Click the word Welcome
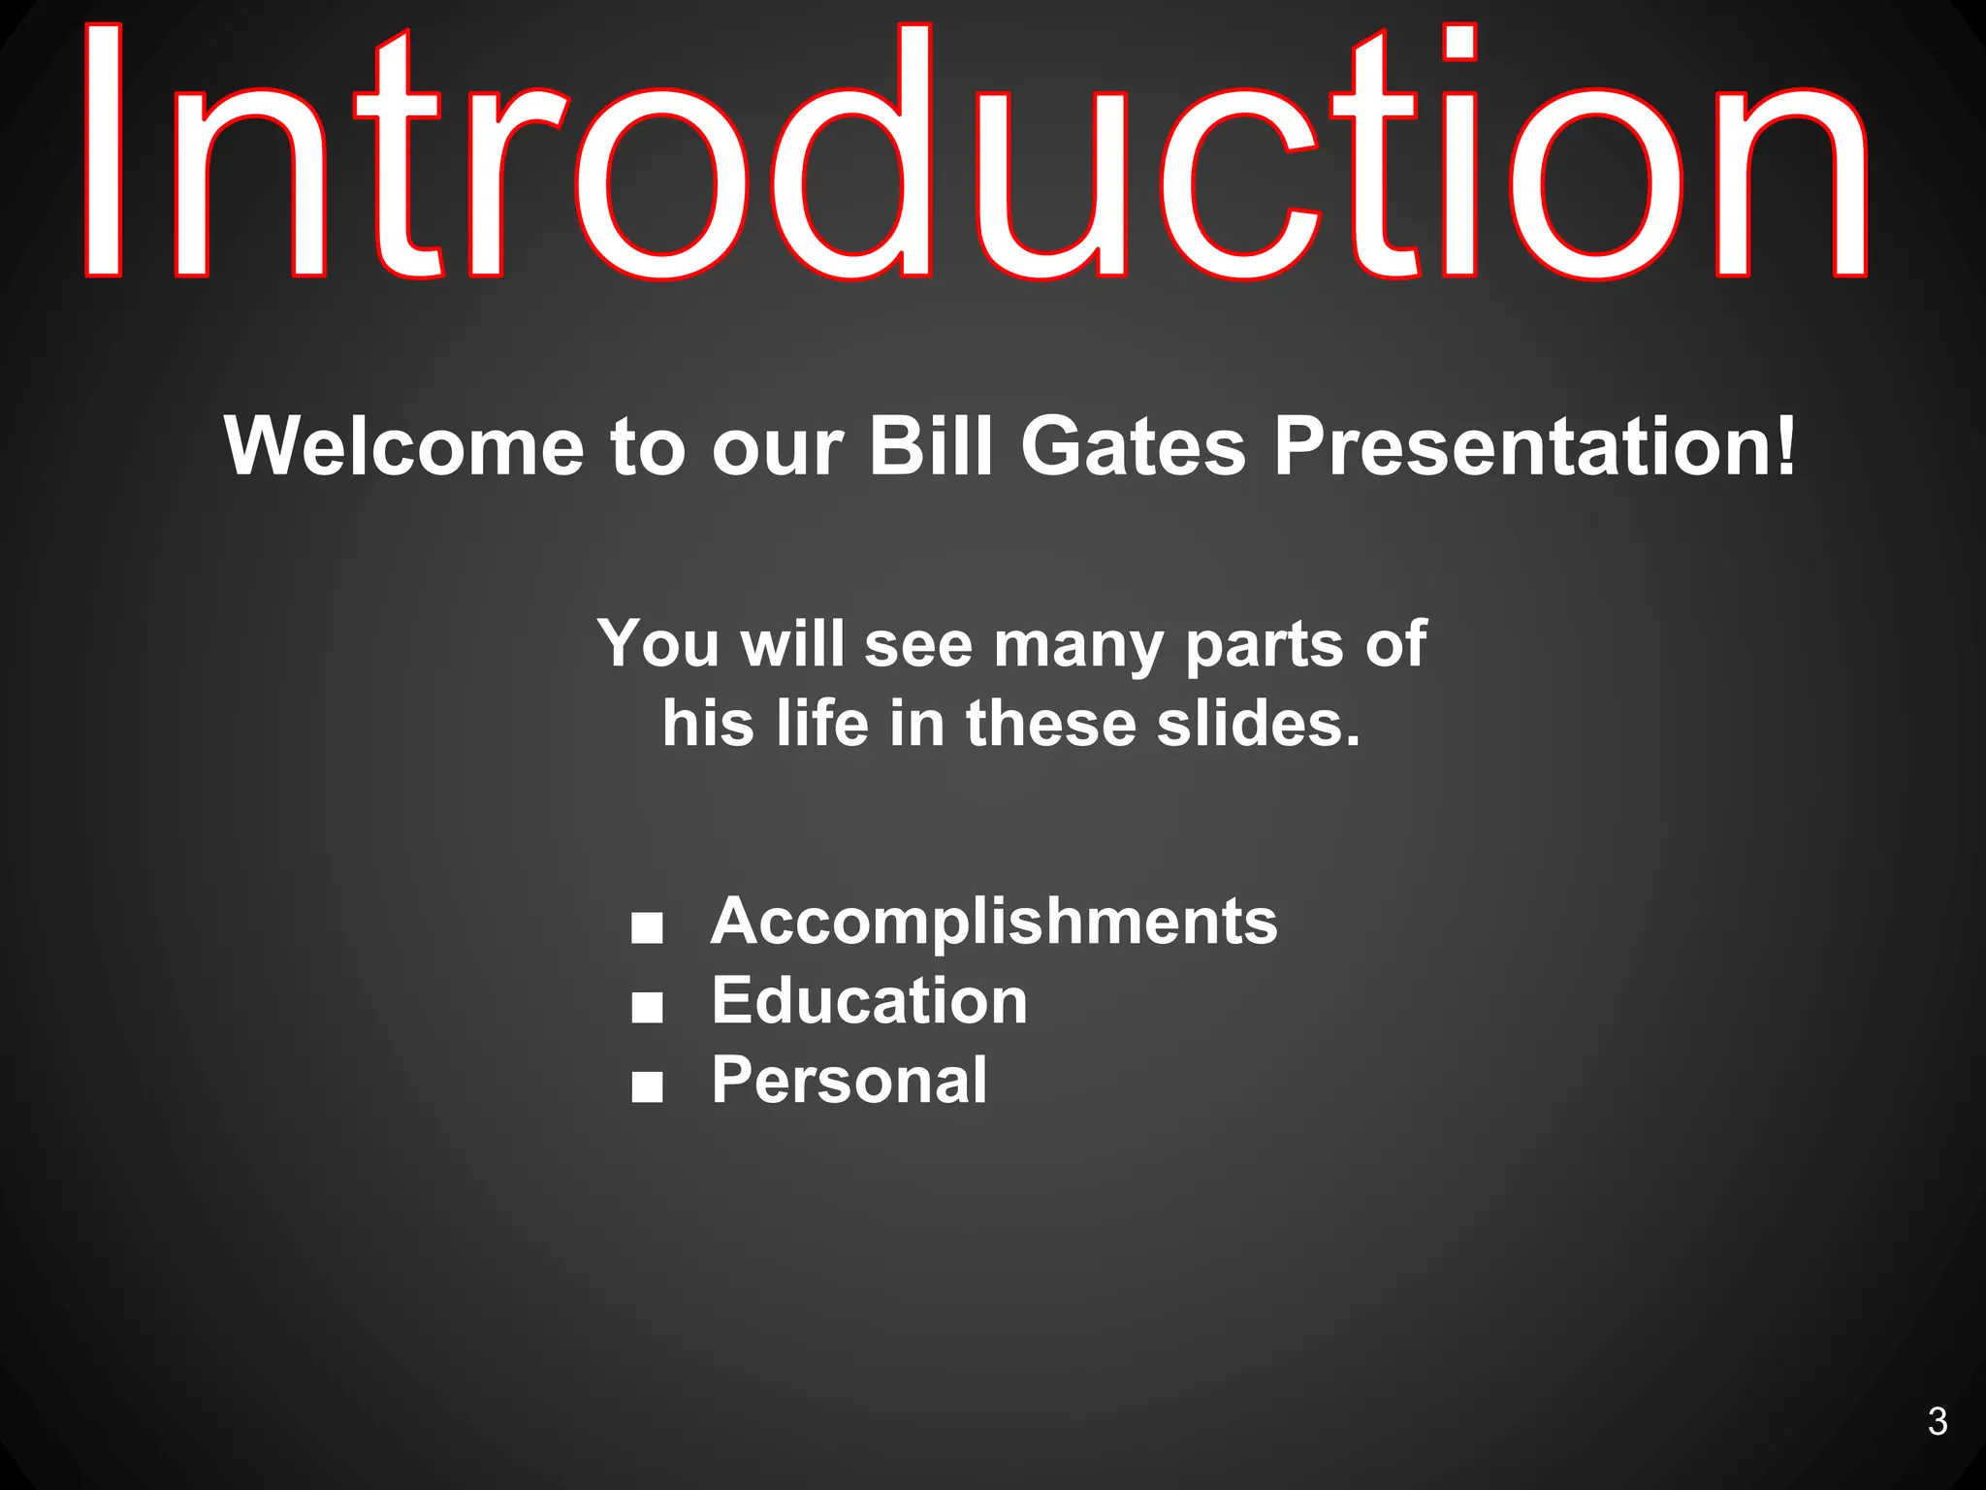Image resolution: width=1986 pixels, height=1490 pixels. coord(404,446)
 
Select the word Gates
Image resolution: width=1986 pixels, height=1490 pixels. coord(1133,446)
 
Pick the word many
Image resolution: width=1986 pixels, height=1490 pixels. coord(1077,645)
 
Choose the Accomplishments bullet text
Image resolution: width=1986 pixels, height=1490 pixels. coord(994,921)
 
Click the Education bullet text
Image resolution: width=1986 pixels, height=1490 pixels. coord(869,1000)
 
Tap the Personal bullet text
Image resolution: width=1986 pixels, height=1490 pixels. coord(849,1080)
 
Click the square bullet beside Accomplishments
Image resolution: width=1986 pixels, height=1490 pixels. coord(647,928)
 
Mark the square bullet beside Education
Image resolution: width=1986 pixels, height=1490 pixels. coord(647,1008)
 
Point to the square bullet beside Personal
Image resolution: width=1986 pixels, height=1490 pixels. coord(647,1087)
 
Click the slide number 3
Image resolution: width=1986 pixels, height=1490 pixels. coord(1937,1421)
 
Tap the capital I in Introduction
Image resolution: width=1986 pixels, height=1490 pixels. coord(104,150)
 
